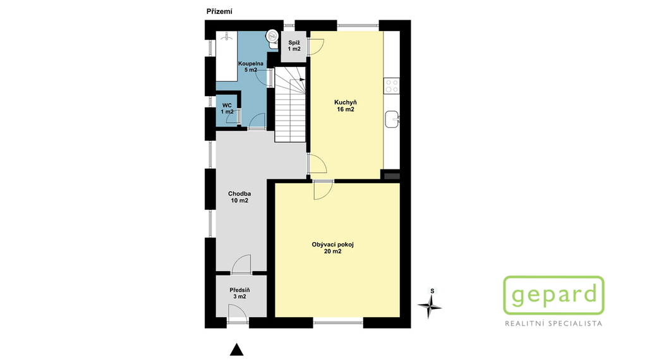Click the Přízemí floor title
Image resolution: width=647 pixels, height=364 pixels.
(x=219, y=11)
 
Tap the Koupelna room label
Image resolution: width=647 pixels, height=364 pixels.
(x=250, y=67)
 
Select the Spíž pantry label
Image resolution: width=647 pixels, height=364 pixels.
(x=294, y=45)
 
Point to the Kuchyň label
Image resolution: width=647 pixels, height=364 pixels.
(x=346, y=106)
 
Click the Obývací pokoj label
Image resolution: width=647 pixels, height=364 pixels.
(x=332, y=248)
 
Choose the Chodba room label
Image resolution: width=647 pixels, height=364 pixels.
(x=239, y=197)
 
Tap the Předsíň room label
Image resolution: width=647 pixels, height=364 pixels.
(x=239, y=293)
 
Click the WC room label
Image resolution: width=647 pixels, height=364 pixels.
(x=227, y=109)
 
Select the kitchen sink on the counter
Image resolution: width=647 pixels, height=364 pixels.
(x=392, y=119)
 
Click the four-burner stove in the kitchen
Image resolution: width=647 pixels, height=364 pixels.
(x=392, y=86)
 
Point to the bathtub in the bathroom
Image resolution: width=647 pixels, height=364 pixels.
(x=227, y=56)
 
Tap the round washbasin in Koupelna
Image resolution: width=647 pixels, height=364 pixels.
(x=272, y=36)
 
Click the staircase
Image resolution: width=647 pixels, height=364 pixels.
(x=291, y=104)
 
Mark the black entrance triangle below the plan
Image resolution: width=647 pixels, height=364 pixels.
(x=236, y=349)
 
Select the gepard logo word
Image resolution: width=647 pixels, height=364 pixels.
(x=553, y=294)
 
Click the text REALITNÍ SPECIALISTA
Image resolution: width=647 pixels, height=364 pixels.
(x=553, y=324)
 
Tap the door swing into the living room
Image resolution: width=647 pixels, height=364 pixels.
(x=323, y=190)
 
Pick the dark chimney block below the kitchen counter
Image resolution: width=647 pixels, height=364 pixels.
(x=392, y=176)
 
